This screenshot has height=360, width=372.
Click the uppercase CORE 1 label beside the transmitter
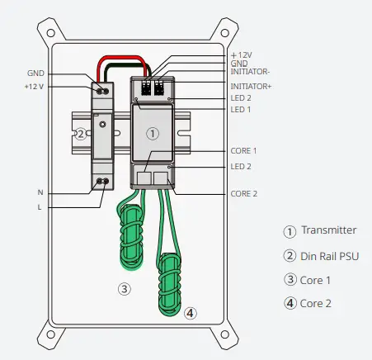coord(245,151)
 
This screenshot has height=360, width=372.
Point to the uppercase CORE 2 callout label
coord(245,193)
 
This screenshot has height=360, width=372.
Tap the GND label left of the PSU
coord(35,73)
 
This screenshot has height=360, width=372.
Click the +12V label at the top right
coord(242,54)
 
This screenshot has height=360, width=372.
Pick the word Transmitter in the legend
coord(329,231)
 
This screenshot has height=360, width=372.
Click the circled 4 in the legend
coord(290,303)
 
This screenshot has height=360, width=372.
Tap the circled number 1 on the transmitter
coord(152,133)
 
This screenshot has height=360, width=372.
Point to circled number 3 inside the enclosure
coord(124,289)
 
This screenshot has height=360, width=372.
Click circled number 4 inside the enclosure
coord(191,313)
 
